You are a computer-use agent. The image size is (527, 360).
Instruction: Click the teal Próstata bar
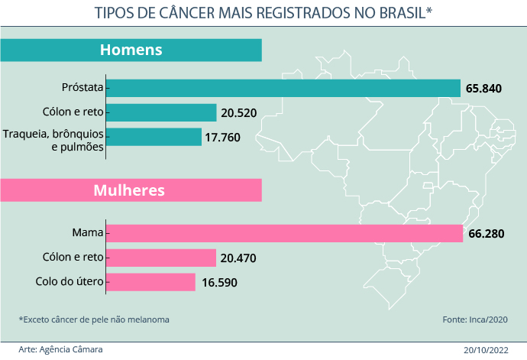pos(283,88)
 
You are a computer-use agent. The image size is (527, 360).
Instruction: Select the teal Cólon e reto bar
pos(161,113)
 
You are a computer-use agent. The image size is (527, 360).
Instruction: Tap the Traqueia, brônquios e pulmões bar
pos(154,137)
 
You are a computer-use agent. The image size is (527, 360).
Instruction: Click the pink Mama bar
pos(284,233)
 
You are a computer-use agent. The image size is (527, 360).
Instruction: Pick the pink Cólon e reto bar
pos(161,258)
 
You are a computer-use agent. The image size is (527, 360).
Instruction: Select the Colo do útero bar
pos(150,282)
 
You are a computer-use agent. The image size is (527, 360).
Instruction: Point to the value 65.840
pos(483,89)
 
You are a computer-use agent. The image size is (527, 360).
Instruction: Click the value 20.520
pos(238,113)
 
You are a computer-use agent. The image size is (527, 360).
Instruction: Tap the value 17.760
pos(223,138)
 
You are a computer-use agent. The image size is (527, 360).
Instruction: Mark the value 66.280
pos(486,234)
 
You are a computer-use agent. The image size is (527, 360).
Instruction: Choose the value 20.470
pos(238,258)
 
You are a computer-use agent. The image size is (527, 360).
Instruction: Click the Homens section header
pos(131,50)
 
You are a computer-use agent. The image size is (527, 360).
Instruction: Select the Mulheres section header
pos(129,190)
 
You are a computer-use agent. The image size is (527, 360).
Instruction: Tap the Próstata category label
pos(82,88)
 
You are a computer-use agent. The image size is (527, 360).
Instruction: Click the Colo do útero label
pos(70,282)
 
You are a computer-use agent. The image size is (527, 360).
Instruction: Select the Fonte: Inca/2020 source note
pos(474,319)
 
